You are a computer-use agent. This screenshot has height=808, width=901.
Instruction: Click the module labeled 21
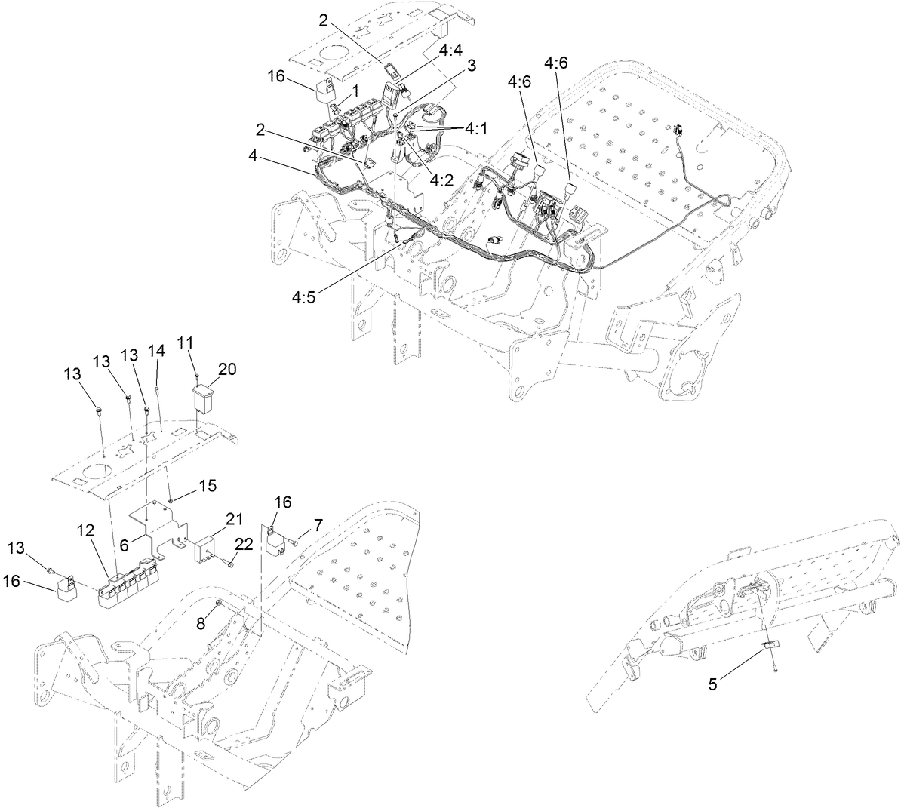208,551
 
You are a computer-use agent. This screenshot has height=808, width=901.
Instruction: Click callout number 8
201,624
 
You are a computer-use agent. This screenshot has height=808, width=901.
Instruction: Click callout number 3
472,65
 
